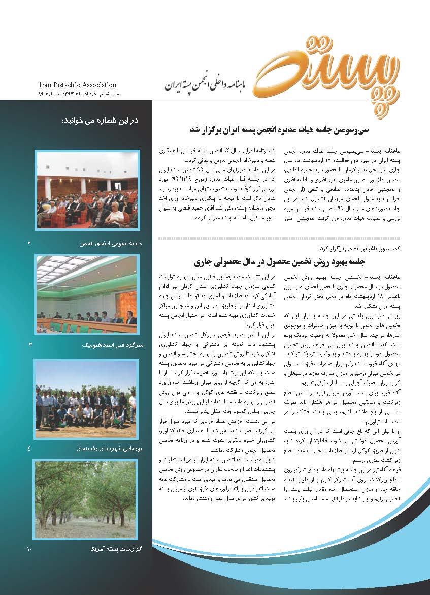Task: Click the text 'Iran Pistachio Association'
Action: point(78,85)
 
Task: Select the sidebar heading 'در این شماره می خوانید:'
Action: point(100,121)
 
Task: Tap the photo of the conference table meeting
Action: point(87,294)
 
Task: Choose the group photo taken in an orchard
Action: point(87,394)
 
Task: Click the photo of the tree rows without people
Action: point(87,499)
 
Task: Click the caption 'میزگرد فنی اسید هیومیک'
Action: point(111,345)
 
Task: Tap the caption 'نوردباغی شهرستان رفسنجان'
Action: point(109,449)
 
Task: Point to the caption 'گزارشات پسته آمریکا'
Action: point(115,549)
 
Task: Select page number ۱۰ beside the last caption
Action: point(29,549)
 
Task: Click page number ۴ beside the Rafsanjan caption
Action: point(29,449)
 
